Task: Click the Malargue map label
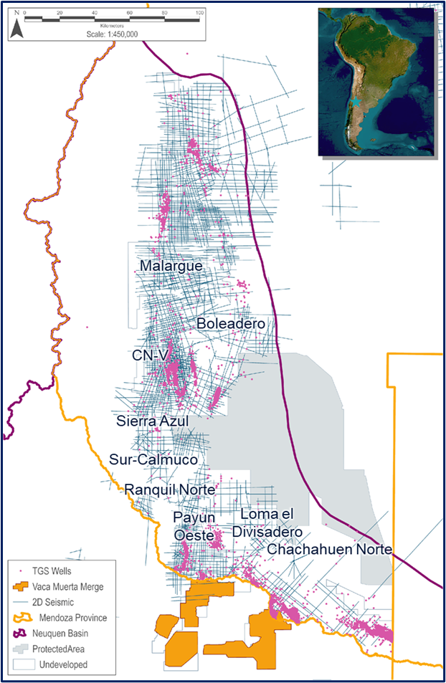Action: pos(171,266)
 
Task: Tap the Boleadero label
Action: pos(231,324)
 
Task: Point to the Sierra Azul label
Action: pos(152,421)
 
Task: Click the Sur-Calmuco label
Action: pos(153,459)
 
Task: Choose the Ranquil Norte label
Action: pos(169,489)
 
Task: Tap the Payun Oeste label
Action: pos(194,526)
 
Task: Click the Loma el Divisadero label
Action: pos(267,523)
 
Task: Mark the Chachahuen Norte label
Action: pos(329,549)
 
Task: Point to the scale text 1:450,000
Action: pos(113,34)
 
